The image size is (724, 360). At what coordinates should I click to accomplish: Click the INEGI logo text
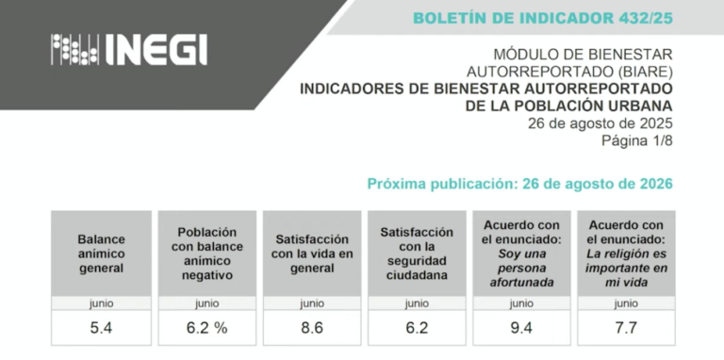[156, 49]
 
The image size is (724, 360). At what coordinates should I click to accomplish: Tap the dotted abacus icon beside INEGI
[74, 49]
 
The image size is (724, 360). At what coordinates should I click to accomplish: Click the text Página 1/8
[637, 140]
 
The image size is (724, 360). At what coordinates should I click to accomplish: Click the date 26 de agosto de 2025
[601, 123]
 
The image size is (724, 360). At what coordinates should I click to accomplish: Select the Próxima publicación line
[520, 184]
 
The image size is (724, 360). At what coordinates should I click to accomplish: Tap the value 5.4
[101, 328]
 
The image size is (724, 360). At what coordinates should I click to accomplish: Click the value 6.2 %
[206, 328]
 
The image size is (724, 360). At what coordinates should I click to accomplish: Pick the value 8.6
[312, 328]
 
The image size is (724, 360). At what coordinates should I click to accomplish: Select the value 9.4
[521, 328]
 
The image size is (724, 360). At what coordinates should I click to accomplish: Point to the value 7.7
[626, 328]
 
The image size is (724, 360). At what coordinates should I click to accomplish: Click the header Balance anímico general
[101, 254]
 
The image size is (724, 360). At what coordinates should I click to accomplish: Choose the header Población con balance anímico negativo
[206, 254]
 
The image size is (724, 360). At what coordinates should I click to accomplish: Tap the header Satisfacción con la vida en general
[312, 254]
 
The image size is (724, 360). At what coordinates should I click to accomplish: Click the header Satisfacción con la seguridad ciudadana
[417, 254]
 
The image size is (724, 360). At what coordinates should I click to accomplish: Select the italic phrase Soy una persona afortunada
[521, 269]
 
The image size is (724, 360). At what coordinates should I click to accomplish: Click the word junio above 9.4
[521, 303]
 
